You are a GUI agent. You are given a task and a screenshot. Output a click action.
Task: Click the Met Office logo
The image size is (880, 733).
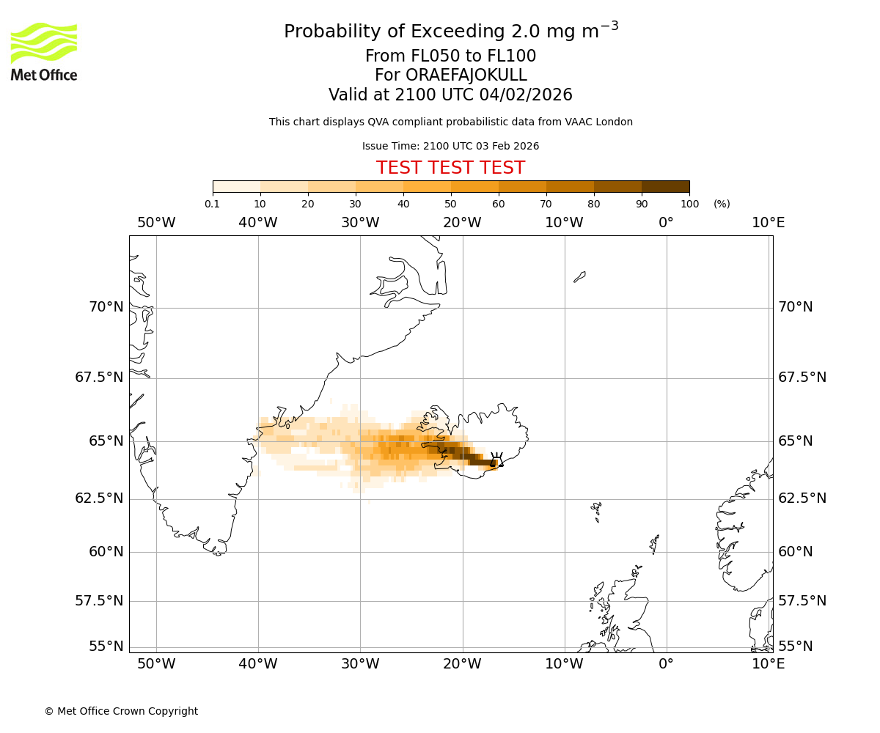coord(44,51)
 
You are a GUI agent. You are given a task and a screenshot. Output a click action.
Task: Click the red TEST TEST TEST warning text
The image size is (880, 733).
coord(450,168)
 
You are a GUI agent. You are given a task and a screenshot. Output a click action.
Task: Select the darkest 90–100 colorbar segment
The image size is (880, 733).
coord(665,186)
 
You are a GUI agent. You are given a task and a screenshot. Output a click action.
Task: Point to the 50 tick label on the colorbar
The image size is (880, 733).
coord(450,204)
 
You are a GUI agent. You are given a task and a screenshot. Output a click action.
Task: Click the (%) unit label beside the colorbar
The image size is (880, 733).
coord(722,204)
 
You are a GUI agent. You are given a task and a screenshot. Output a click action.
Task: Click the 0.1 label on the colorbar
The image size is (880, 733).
coord(212,204)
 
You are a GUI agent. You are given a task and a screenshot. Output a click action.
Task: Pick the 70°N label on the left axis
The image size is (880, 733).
coord(106,307)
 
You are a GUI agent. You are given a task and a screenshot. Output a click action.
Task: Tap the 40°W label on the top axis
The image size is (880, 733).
coord(258,223)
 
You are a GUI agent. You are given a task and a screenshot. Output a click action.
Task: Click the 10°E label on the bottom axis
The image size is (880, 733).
coord(768,664)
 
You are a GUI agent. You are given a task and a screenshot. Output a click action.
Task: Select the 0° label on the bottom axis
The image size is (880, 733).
coord(666,664)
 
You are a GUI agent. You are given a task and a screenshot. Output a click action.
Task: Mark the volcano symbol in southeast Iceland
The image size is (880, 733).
coord(496,460)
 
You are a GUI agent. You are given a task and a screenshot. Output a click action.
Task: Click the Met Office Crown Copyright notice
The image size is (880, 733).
coord(121,711)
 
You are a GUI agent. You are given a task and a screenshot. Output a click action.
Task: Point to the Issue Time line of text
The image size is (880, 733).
coord(450,146)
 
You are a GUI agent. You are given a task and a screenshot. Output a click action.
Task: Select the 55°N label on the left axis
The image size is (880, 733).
coord(106,647)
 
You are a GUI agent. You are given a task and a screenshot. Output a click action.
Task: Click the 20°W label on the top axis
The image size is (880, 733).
coord(462,223)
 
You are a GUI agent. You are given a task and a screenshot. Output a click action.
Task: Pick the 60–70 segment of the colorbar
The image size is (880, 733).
coord(522,186)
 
